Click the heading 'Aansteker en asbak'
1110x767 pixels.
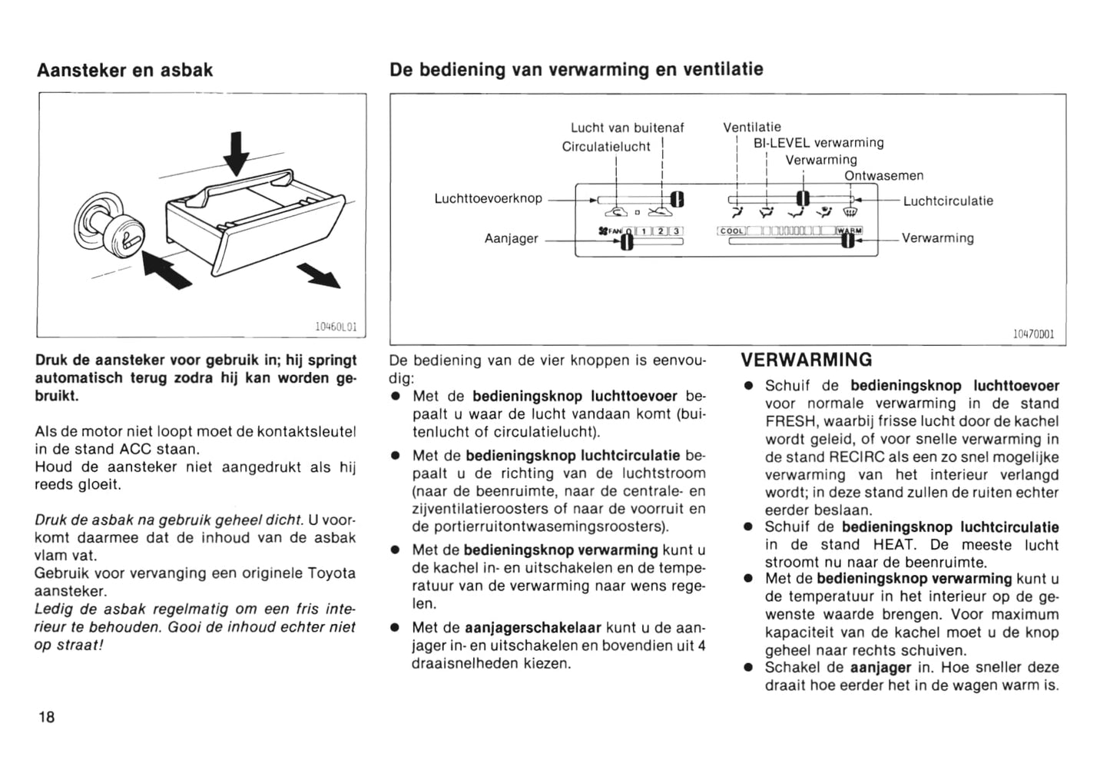click(124, 70)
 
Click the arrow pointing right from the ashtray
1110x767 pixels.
click(319, 274)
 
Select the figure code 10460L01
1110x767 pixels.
click(336, 327)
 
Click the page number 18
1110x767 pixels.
click(46, 717)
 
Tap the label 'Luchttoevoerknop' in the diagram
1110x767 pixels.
click(488, 199)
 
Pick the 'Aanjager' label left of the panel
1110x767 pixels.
click(511, 239)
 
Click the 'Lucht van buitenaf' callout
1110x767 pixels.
click(627, 128)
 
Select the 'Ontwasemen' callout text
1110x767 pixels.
click(883, 176)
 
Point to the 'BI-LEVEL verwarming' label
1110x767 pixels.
click(818, 143)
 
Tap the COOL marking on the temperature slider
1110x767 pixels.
click(732, 231)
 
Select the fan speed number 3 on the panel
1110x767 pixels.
click(675, 231)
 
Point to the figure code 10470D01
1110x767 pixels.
click(1033, 334)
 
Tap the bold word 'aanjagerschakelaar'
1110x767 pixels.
click(533, 628)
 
